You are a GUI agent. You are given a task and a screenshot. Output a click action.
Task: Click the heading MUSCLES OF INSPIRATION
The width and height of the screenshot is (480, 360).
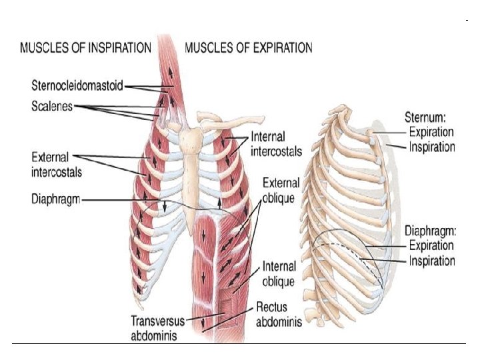tap(86, 48)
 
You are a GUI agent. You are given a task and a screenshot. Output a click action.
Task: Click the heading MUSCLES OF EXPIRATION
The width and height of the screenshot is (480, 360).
tap(248, 48)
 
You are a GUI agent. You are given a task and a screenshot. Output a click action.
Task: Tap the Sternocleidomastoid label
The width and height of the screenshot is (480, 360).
tap(77, 86)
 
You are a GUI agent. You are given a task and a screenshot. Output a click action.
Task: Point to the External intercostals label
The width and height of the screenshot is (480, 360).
tap(57, 165)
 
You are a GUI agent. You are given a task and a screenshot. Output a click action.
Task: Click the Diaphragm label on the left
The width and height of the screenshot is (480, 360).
tap(56, 199)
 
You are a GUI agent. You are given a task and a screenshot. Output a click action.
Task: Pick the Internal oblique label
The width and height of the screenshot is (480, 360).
tap(278, 275)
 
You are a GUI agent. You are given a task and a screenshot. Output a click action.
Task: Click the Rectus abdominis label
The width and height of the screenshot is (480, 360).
tap(279, 315)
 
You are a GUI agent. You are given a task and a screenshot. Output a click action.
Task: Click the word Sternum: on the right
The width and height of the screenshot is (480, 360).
tap(429, 119)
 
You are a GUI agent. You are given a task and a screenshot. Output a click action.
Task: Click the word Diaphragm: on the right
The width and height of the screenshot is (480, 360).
tap(430, 233)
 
